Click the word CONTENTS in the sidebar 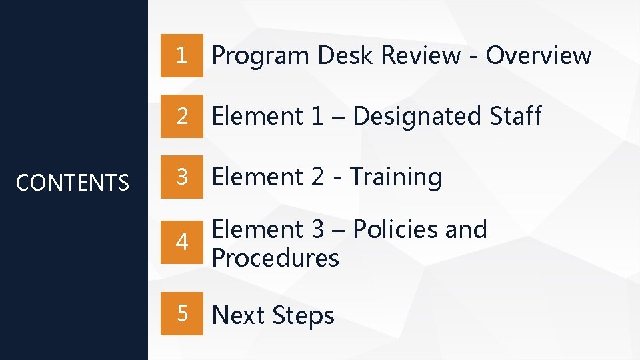[73, 183]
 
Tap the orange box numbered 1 [181, 56]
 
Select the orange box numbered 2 [181, 117]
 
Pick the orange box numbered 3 [181, 177]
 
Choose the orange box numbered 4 [181, 243]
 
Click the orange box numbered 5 [181, 314]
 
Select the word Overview [538, 56]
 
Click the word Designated [417, 117]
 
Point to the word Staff [515, 117]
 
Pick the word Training [396, 177]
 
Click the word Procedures [275, 258]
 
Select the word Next [239, 315]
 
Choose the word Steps [304, 315]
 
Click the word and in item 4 [466, 229]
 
